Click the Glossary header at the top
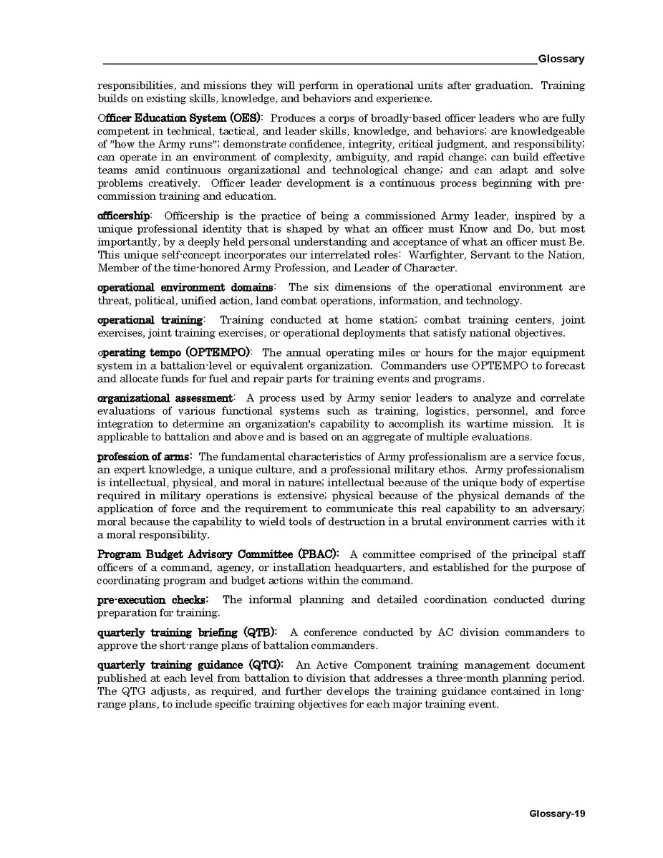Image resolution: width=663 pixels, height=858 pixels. pos(561,59)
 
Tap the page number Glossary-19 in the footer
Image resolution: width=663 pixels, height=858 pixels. pos(557,814)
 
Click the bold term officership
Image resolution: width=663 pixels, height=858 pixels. pos(124,216)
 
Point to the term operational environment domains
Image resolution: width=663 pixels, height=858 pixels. pos(185,287)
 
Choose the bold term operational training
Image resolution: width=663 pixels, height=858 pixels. pos(150,320)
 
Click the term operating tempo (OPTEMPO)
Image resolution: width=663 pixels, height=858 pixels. pos(174,352)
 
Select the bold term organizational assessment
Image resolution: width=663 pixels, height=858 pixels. pos(165,397)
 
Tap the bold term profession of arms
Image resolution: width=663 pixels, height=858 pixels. pos(144,457)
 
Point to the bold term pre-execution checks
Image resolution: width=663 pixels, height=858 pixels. pos(153,599)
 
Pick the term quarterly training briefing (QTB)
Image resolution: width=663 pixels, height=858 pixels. pos(187,632)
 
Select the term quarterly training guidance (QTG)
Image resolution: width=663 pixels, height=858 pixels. pos(190,665)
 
